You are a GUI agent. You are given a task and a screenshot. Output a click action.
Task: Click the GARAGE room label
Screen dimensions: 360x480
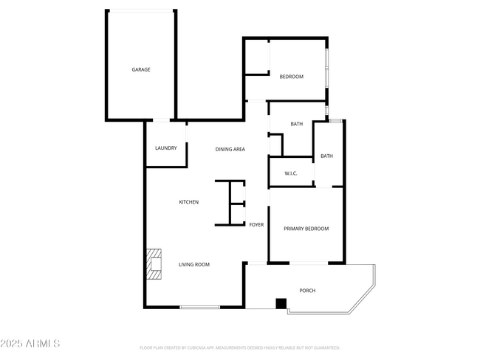(x=141, y=69)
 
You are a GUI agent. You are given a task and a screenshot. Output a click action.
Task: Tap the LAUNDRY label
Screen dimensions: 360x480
(x=165, y=148)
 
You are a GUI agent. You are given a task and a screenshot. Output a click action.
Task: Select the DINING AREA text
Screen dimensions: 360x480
(x=230, y=149)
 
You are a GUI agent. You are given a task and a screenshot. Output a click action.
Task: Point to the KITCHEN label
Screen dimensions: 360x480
(x=189, y=202)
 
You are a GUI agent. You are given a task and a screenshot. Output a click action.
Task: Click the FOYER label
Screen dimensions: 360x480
(x=256, y=224)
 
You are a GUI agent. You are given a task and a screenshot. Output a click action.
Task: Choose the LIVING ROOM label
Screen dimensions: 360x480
(x=194, y=264)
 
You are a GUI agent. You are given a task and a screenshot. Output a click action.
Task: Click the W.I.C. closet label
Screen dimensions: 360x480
(x=290, y=173)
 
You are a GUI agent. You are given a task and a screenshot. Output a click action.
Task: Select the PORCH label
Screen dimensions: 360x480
(x=307, y=291)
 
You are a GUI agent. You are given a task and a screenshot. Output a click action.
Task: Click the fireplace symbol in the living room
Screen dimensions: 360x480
(x=154, y=265)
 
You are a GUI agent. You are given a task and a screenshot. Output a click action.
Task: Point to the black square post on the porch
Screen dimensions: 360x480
(x=281, y=302)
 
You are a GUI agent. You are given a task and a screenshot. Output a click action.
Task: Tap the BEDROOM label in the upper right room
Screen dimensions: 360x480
(x=291, y=77)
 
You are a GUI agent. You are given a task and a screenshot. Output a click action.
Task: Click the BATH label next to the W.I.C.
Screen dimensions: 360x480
(x=326, y=156)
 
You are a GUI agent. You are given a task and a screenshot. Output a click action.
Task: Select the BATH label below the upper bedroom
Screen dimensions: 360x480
(x=297, y=124)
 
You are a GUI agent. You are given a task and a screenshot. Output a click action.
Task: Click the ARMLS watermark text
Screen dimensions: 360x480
(x=42, y=344)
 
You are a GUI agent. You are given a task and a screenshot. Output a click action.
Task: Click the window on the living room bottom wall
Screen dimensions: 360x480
(x=199, y=307)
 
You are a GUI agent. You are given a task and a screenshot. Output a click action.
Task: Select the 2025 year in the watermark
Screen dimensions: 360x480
(x=13, y=344)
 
